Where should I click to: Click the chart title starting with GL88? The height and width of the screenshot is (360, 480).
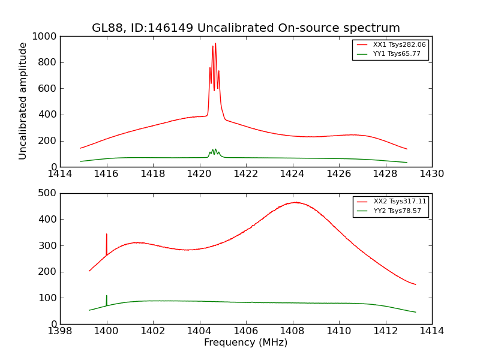click(245, 28)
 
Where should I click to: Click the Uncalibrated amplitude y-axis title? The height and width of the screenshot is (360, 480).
click(23, 101)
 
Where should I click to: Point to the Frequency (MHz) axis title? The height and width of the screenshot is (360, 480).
click(245, 343)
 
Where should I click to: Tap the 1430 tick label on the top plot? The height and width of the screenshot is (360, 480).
click(431, 174)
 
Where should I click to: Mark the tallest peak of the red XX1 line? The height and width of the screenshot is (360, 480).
click(215, 44)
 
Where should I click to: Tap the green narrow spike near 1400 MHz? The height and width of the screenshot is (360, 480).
click(107, 296)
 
